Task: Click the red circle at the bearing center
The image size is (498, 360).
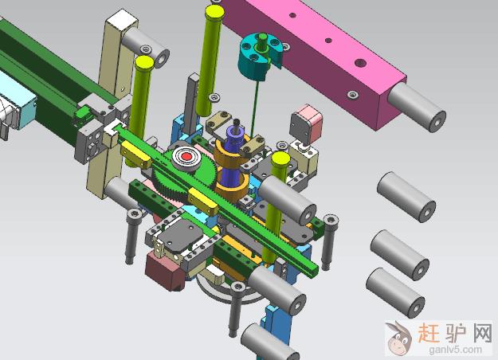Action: (x=187, y=157)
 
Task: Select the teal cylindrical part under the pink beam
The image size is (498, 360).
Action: (x=258, y=57)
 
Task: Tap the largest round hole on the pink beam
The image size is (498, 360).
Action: (x=359, y=63)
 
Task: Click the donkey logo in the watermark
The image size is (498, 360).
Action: (x=398, y=338)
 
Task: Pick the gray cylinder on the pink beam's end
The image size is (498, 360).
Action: (x=417, y=108)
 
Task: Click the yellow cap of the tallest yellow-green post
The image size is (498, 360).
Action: (x=214, y=13)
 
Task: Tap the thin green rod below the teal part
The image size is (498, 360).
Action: (x=255, y=108)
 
